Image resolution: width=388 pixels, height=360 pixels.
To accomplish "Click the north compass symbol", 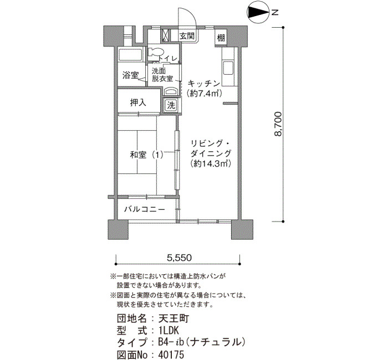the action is coord(258,12).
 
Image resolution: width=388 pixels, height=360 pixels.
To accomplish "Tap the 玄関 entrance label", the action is coord(187,36).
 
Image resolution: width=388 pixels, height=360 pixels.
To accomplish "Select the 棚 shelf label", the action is coord(221,38).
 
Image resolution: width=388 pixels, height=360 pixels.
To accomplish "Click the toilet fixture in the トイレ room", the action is coord(155,53).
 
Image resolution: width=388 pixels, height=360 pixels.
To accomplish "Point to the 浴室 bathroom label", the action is coord(130,75).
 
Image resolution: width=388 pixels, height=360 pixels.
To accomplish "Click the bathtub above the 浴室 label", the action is coord(131,54).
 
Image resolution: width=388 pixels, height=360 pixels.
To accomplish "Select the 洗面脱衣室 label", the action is coord(162,75).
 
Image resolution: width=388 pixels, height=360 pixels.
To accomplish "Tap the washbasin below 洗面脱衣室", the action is coord(171,91).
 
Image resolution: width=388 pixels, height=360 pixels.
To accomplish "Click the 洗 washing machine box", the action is coord(171,105).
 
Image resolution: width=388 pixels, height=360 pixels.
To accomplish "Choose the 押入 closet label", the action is coord(138,102).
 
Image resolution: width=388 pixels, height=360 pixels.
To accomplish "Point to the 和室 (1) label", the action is coord(146,155).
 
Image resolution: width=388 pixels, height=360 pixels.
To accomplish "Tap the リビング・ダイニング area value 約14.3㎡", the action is coord(211,164).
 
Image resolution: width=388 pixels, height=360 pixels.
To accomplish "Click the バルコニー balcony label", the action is coord(145,210).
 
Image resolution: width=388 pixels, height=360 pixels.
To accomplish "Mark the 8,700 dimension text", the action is coord(278,124).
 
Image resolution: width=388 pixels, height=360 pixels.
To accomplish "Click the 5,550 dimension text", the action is coord(179,258).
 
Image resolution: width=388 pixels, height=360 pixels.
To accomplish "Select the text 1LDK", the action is coord(169,330).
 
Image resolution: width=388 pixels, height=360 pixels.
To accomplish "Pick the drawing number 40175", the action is coord(171,355).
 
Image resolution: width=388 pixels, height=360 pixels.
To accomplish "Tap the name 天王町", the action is coord(173,318).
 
